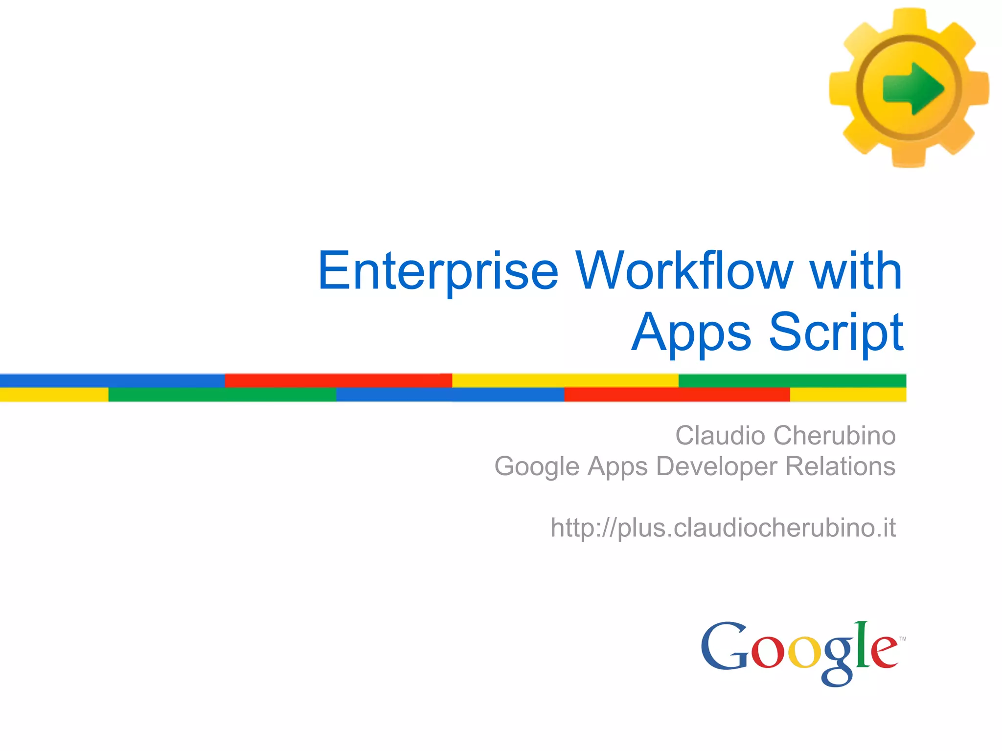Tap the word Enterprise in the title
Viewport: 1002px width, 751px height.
click(x=438, y=271)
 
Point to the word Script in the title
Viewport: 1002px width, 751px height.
click(x=836, y=333)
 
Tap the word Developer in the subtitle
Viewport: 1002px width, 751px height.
click(x=716, y=466)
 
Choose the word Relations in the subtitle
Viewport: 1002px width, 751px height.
click(x=841, y=466)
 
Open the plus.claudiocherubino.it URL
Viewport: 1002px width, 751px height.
click(x=723, y=528)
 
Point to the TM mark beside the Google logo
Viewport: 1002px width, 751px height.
click(x=903, y=639)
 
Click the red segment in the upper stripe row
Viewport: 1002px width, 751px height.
click(x=338, y=380)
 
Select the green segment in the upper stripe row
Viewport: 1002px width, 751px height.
click(x=792, y=380)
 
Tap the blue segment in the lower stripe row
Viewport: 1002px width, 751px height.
click(x=450, y=395)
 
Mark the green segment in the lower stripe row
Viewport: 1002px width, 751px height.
click(x=222, y=395)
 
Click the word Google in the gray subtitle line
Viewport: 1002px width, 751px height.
click(x=537, y=467)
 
